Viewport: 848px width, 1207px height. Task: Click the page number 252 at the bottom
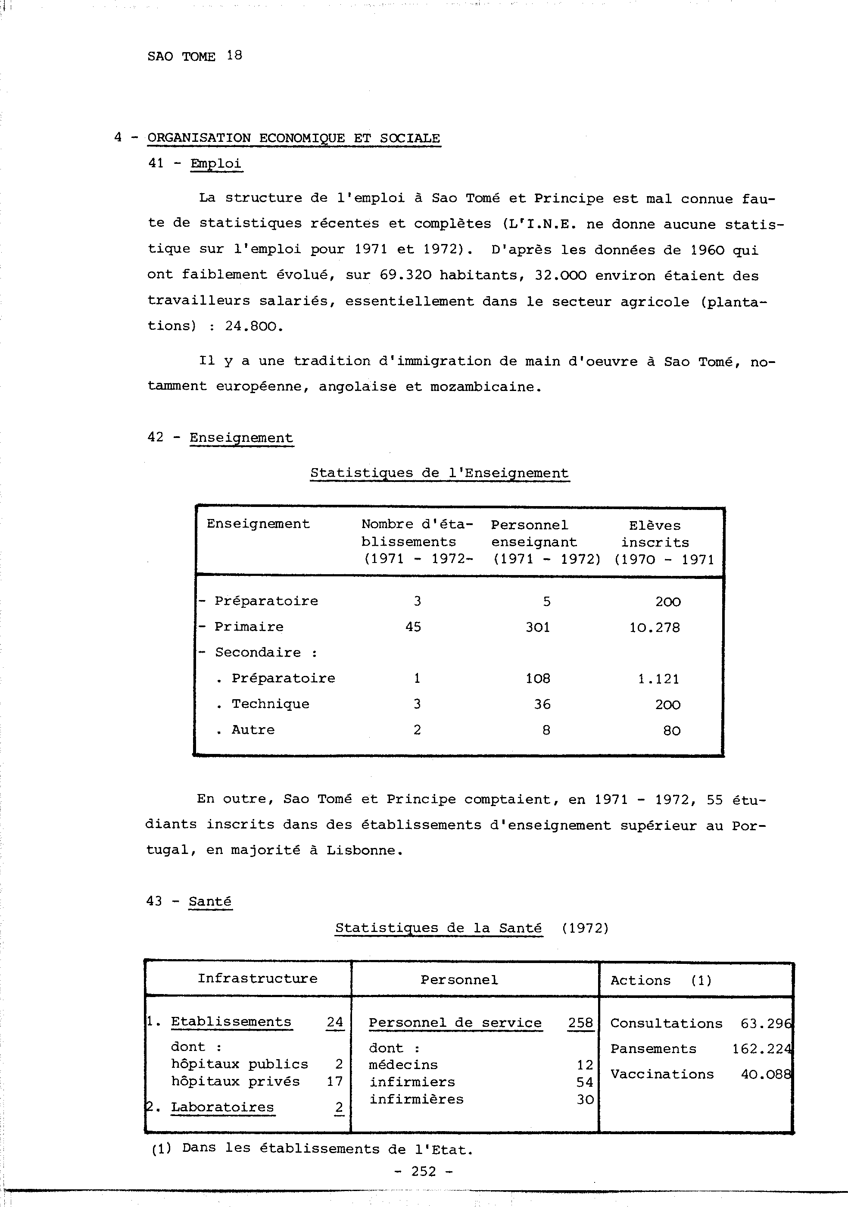pos(424,1171)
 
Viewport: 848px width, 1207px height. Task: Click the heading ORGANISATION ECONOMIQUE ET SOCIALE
pos(294,138)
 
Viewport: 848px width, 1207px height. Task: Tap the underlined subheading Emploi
pos(215,163)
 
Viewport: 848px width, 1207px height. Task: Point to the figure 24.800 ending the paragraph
pos(254,326)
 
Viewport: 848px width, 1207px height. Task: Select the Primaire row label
pos(249,627)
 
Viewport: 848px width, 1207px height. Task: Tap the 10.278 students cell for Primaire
pos(655,627)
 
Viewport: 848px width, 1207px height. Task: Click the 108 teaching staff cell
pos(538,678)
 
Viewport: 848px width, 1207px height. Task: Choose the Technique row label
pos(270,704)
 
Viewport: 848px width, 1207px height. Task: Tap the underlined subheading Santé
pos(210,901)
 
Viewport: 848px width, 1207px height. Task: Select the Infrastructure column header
pos(257,979)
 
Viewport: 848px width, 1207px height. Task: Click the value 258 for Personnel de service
pos(580,1023)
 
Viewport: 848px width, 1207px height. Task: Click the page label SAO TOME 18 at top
pos(194,56)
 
